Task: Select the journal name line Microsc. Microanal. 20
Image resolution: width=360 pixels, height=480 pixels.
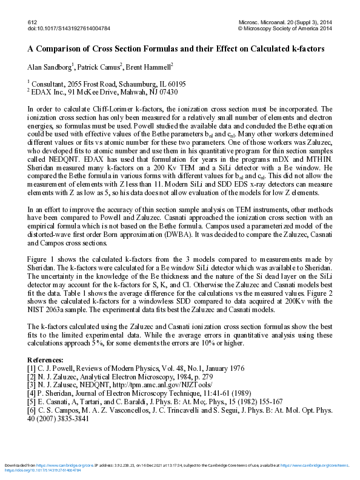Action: [285, 22]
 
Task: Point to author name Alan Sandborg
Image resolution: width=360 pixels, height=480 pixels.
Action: [50, 66]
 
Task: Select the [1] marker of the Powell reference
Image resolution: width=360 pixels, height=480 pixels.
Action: [32, 368]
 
